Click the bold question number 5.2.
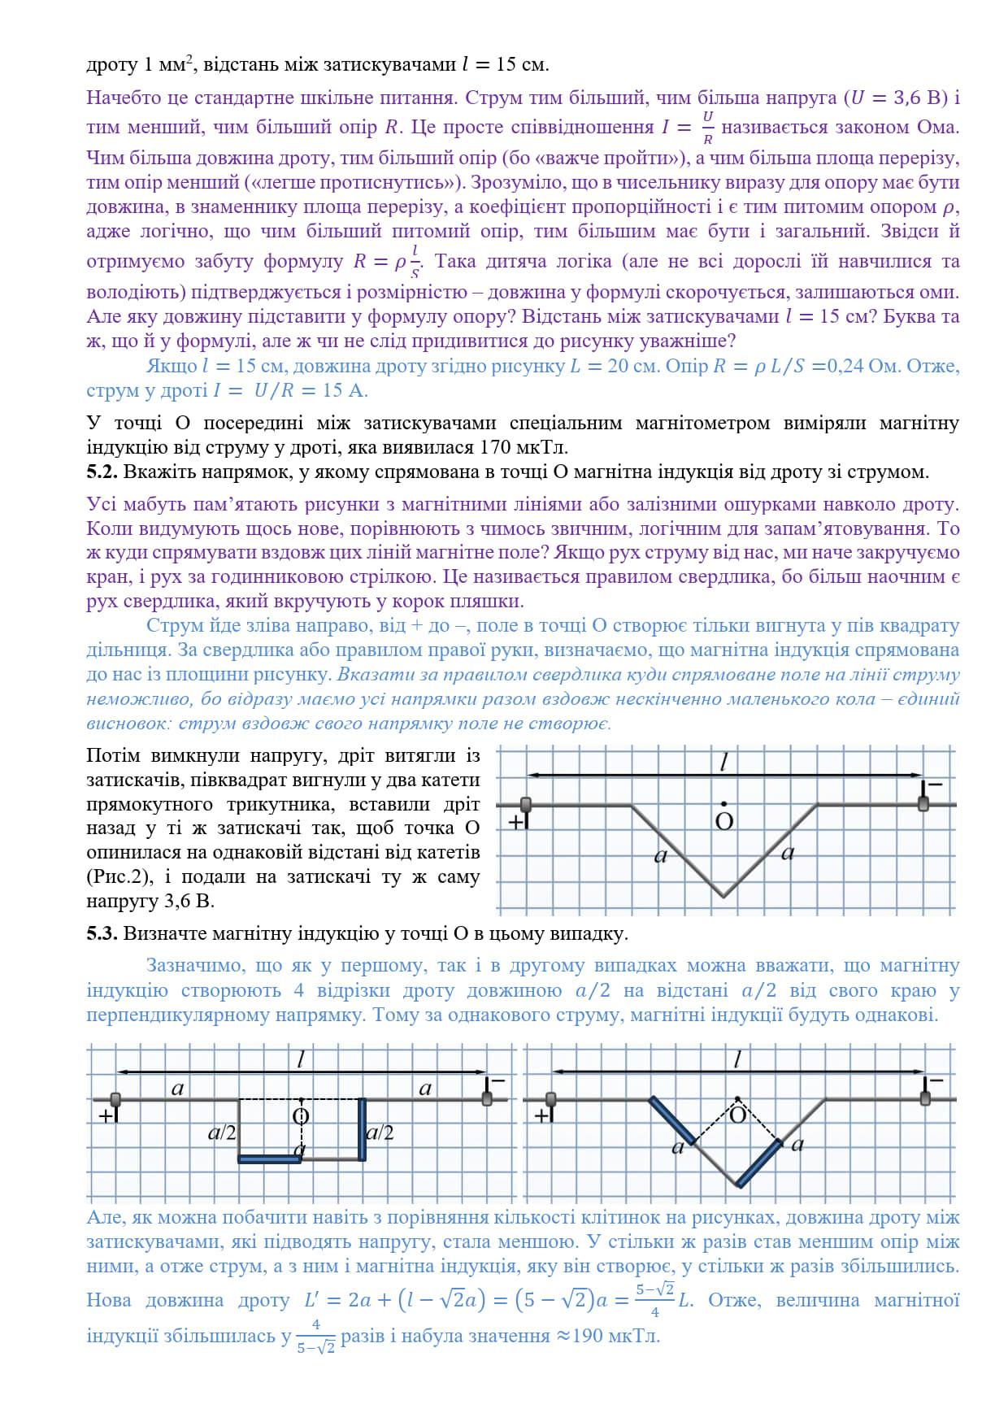pyautogui.click(x=102, y=472)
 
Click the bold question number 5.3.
pyautogui.click(x=102, y=933)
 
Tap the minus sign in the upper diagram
pyautogui.click(x=934, y=784)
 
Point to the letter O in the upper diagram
pyautogui.click(x=723, y=821)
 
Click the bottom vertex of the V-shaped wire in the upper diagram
pyautogui.click(x=723, y=897)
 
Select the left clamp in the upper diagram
pyautogui.click(x=526, y=805)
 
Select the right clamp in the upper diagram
pyautogui.click(x=923, y=803)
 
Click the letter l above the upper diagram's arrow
pyautogui.click(x=723, y=762)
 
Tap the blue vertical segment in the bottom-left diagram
pyautogui.click(x=363, y=1128)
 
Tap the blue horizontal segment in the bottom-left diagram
pyautogui.click(x=269, y=1159)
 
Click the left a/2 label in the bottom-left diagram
pyautogui.click(x=222, y=1133)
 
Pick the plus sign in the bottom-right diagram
pyautogui.click(x=543, y=1115)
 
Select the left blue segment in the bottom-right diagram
pyautogui.click(x=671, y=1120)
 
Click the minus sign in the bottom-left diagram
pyautogui.click(x=497, y=1080)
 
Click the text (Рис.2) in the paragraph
pyautogui.click(x=119, y=877)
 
